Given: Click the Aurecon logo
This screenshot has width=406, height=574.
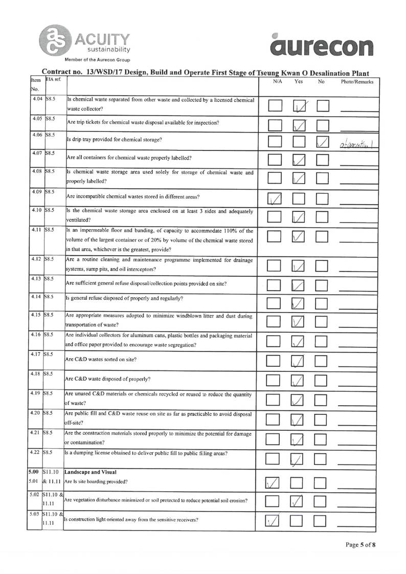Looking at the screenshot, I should pos(323,46).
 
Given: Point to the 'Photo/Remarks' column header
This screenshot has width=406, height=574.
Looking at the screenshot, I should pos(357,81).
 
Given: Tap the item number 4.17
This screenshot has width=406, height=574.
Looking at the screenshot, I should pos(34,355).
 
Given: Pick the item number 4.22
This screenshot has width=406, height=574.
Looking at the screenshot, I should pos(34,453).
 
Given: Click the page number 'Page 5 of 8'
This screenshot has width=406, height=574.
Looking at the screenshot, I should pos(360,544).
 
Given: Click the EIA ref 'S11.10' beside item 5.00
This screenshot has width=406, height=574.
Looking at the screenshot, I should pos(52,472).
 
